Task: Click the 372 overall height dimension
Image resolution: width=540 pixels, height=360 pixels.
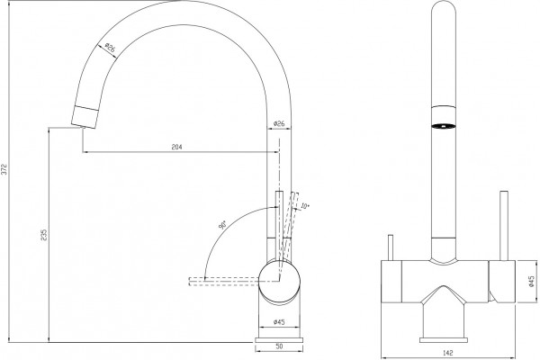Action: [x=4, y=168]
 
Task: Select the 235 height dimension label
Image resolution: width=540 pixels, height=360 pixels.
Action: [x=44, y=235]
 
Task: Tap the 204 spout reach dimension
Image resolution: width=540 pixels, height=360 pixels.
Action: [x=176, y=147]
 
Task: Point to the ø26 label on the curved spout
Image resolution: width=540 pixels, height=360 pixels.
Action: [x=110, y=49]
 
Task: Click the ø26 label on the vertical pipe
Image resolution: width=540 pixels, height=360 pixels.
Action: [x=279, y=123]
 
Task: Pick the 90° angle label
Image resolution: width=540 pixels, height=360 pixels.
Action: [x=222, y=225]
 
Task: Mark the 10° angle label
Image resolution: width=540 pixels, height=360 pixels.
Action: [x=305, y=206]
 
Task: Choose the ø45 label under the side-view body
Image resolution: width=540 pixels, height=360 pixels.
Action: [x=279, y=322]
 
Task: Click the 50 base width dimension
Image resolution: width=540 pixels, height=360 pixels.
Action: [x=279, y=346]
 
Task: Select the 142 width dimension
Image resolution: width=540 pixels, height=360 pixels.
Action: [x=448, y=353]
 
